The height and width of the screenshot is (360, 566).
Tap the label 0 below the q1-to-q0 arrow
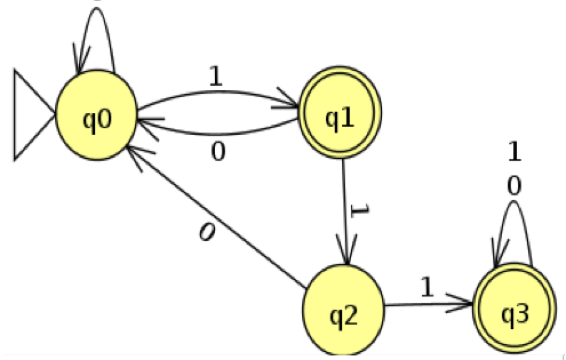click(217, 151)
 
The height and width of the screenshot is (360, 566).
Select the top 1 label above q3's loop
click(515, 153)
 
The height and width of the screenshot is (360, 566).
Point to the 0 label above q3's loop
click(515, 186)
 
